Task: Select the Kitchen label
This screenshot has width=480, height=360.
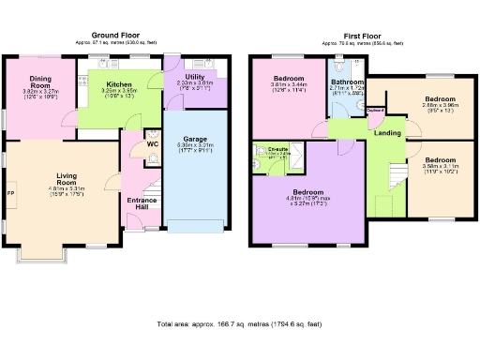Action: [118, 82]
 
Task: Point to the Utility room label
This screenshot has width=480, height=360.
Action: [194, 76]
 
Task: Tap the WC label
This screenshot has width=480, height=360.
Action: [153, 144]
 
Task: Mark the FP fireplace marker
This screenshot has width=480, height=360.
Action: [11, 194]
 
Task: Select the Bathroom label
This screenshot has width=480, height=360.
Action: [347, 82]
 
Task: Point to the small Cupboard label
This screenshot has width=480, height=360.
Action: [376, 112]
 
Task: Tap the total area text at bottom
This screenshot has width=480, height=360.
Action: [239, 324]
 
